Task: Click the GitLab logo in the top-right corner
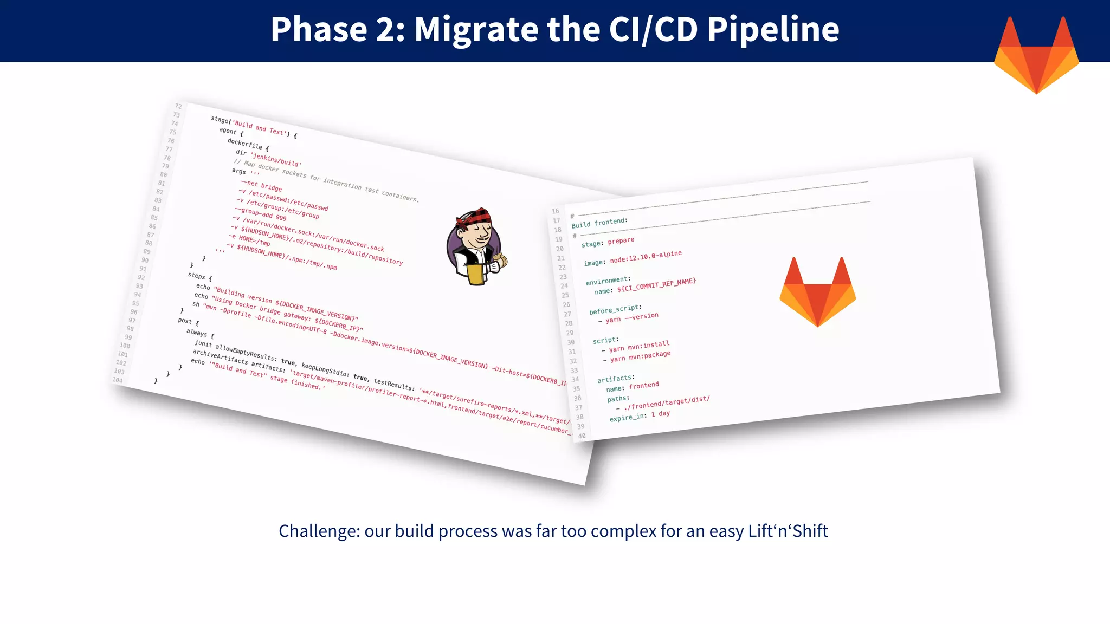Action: (1036, 54)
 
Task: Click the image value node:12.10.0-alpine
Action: (646, 257)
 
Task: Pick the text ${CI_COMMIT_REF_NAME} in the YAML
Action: (656, 285)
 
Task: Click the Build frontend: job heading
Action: (599, 223)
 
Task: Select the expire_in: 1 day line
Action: (640, 416)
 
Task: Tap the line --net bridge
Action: (261, 186)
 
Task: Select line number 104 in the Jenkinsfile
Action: (118, 380)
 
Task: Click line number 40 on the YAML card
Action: (582, 435)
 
